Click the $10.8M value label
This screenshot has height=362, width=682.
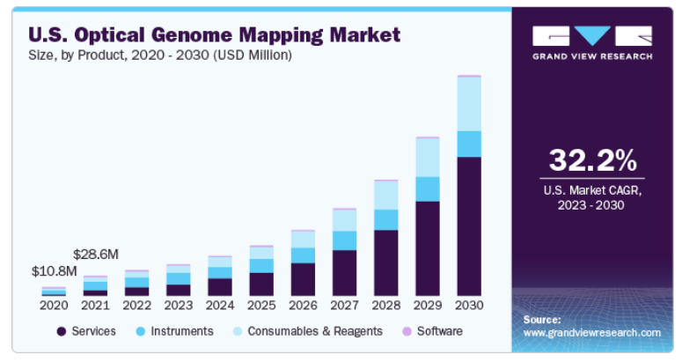[x=54, y=271]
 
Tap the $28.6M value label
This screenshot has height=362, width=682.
[x=96, y=255]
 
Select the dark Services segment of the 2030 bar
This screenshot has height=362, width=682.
[x=469, y=226]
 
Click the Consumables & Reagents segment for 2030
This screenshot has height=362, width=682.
[x=469, y=104]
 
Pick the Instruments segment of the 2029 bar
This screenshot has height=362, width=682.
[x=428, y=189]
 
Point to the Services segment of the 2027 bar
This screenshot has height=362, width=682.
[x=344, y=273]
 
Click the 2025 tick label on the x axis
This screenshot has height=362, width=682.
[x=261, y=306]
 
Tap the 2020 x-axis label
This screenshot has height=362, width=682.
[x=54, y=306]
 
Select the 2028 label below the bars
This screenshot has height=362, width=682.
[x=386, y=306]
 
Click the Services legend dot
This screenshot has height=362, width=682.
[x=62, y=331]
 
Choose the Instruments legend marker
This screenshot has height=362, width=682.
[x=141, y=331]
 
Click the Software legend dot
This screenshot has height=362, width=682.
[x=407, y=331]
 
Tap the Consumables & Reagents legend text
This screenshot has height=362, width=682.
[x=315, y=331]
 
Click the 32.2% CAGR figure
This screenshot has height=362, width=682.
[x=592, y=160]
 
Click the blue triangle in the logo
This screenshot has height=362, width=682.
[x=592, y=36]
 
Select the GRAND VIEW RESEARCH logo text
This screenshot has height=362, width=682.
[x=592, y=56]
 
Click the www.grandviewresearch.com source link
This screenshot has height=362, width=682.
[x=592, y=333]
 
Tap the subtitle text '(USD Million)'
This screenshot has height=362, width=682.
[x=253, y=55]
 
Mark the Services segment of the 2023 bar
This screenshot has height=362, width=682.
[x=179, y=290]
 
